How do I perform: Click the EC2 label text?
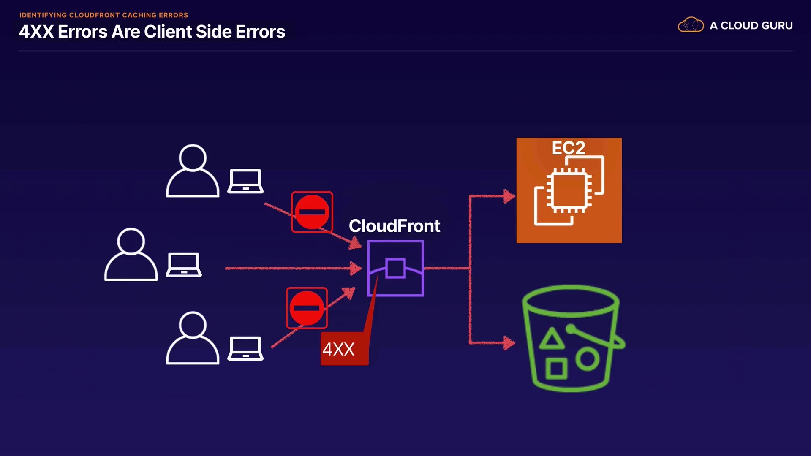[569, 148]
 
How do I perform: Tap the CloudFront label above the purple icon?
[394, 226]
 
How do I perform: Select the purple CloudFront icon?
[395, 269]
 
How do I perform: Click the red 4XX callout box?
[344, 349]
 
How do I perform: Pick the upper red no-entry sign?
[312, 212]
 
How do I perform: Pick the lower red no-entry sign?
[307, 308]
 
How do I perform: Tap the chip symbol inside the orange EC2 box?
[569, 190]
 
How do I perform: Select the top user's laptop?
[245, 182]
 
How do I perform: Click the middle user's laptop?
[184, 265]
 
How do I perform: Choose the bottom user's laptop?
[245, 348]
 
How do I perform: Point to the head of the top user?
[193, 157]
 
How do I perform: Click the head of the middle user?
[131, 241]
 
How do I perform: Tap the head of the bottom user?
[193, 325]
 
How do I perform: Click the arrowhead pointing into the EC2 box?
[509, 196]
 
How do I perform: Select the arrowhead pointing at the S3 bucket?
[509, 343]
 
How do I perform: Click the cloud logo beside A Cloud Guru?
[691, 25]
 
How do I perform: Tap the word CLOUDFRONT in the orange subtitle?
[95, 15]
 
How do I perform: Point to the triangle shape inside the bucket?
[552, 339]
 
